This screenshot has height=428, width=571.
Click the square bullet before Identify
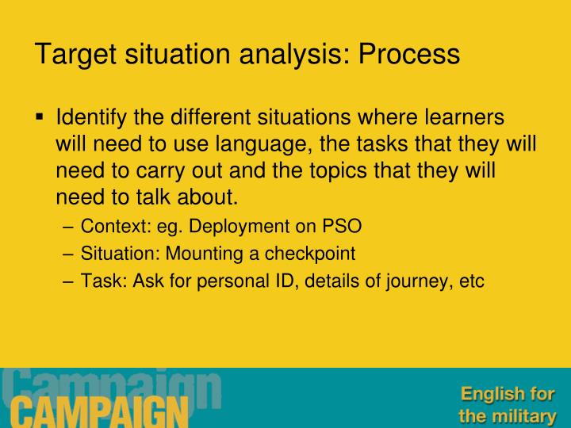[40, 117]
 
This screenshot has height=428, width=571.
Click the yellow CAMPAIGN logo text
[95, 411]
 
